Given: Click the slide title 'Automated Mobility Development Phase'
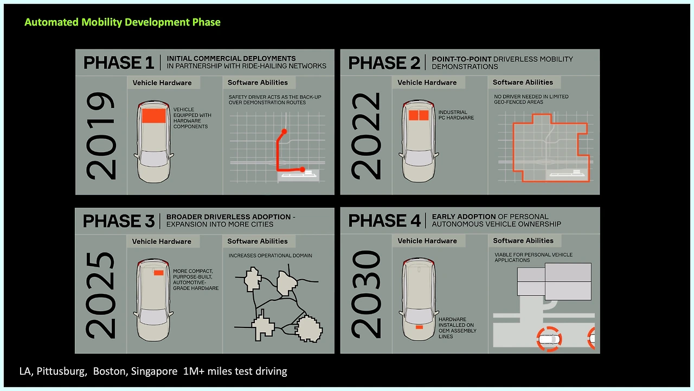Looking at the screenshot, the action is (x=123, y=22).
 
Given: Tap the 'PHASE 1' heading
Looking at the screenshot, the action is (x=118, y=62).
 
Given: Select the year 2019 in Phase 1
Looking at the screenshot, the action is (x=101, y=136).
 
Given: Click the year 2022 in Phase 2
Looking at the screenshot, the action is (x=366, y=136).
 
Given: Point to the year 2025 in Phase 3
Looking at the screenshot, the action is (x=101, y=295).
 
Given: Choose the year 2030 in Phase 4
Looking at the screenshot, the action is (x=366, y=294).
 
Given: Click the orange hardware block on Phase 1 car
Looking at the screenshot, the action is (x=153, y=116).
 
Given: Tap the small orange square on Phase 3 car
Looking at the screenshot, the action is (x=159, y=273).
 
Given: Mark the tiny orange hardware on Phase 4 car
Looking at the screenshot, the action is (x=419, y=327).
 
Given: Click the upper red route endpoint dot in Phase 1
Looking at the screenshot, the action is (x=284, y=131).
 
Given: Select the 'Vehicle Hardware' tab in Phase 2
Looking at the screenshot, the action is (x=427, y=83).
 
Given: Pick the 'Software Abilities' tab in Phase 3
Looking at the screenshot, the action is (x=258, y=241).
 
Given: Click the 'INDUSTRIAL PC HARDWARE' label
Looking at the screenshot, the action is (x=456, y=115).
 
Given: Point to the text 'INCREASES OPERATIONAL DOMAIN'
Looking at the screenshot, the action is (x=270, y=255).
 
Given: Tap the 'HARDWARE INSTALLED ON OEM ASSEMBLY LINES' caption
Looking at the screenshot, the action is (x=457, y=327).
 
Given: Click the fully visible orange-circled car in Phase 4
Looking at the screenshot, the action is (x=549, y=339).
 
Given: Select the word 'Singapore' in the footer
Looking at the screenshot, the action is (x=154, y=371).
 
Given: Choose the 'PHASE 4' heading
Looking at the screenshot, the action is (x=384, y=220).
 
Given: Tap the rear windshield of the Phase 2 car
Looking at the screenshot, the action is (x=419, y=158).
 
